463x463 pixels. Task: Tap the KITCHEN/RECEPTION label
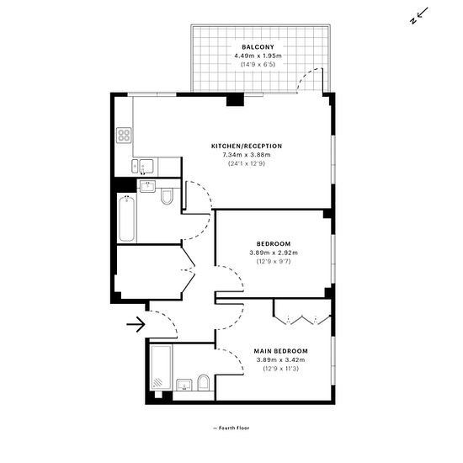[x=247, y=146]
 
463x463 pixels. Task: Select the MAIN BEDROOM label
[x=281, y=351]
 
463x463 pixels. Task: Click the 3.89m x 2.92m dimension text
[x=274, y=253]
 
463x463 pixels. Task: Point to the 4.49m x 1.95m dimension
[x=258, y=56]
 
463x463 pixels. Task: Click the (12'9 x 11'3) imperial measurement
[x=281, y=369]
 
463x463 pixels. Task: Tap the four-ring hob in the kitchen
[x=124, y=136]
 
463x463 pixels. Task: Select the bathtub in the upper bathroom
[x=127, y=219]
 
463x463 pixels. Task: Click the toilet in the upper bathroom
[x=167, y=197]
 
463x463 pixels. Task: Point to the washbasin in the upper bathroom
[x=147, y=186]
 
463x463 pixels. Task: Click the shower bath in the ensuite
[x=161, y=367]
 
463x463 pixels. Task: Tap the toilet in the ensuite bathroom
[x=203, y=383]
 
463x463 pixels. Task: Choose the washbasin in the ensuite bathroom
[x=184, y=385]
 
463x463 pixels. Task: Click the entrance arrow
[x=136, y=324]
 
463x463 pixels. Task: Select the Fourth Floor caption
[x=234, y=428]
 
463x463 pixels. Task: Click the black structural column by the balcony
[x=235, y=99]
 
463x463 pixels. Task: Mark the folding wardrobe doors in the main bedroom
[x=302, y=320]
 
